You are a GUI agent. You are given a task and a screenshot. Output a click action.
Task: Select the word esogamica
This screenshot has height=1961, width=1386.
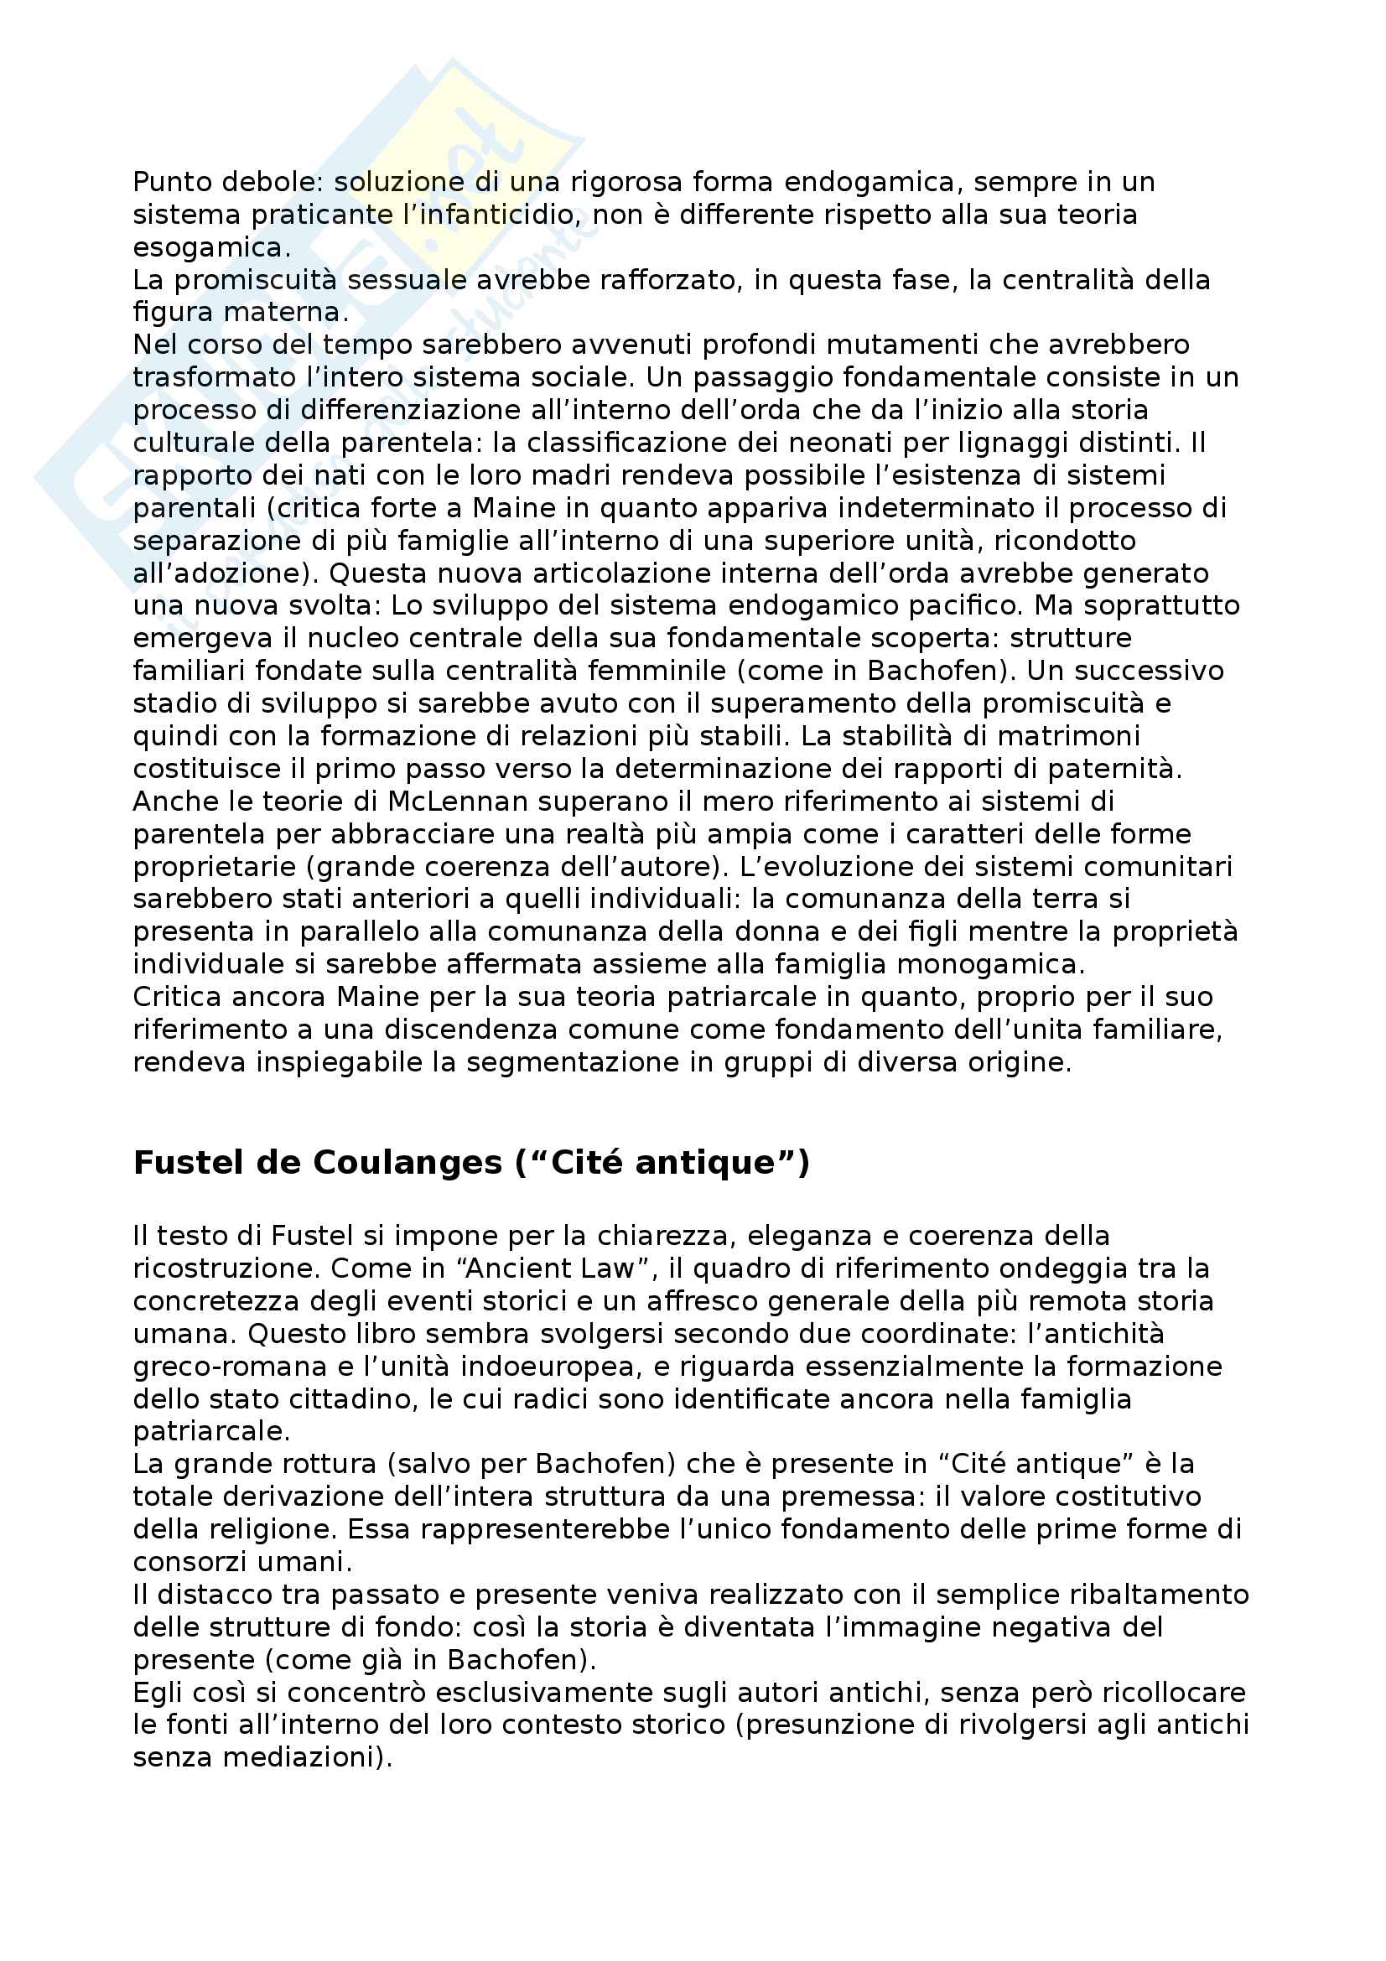point(210,247)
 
